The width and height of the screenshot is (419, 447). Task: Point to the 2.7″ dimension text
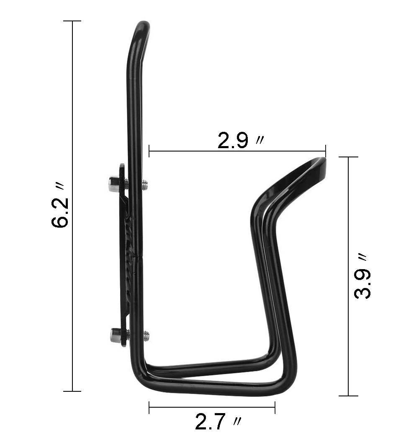(x=217, y=422)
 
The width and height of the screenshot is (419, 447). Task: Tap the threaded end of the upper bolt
(x=145, y=185)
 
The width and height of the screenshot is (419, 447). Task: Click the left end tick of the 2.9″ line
(x=149, y=151)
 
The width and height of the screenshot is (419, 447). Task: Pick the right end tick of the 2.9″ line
(x=326, y=151)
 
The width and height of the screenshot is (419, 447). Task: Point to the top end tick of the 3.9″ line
(x=348, y=157)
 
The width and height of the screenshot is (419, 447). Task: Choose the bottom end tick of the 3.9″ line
(x=348, y=396)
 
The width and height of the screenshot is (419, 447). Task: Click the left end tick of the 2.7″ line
(x=149, y=407)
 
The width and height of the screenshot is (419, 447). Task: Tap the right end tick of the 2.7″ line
(x=275, y=407)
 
